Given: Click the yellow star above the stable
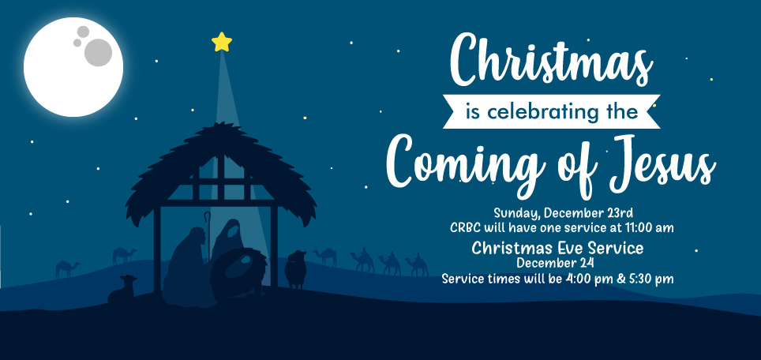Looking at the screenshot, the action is click(222, 42).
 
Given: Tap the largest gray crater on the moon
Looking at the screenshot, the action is click(98, 52).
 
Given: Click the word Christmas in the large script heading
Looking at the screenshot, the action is click(551, 61).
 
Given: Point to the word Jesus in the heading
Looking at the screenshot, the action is click(662, 163).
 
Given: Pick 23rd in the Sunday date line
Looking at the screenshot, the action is click(620, 213).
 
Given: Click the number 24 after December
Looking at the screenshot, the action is click(587, 264).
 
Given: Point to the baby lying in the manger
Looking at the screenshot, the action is click(245, 262).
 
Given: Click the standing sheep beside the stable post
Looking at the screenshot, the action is click(295, 269).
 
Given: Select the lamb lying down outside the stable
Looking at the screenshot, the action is click(122, 289).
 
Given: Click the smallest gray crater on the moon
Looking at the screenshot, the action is click(77, 43).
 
